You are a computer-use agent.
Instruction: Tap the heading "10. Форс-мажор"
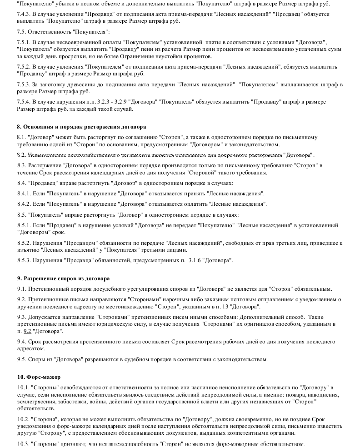click(x=39, y=377)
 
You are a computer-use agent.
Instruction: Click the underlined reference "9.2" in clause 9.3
click(x=27, y=331)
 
